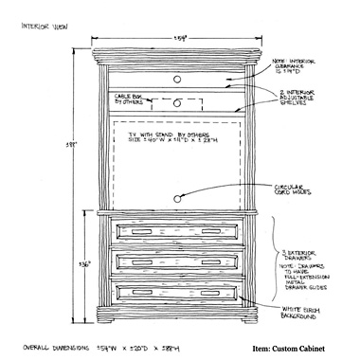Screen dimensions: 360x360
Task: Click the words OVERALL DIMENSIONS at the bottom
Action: click(x=53, y=347)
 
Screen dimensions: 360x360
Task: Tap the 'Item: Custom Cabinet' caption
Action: click(x=289, y=348)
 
